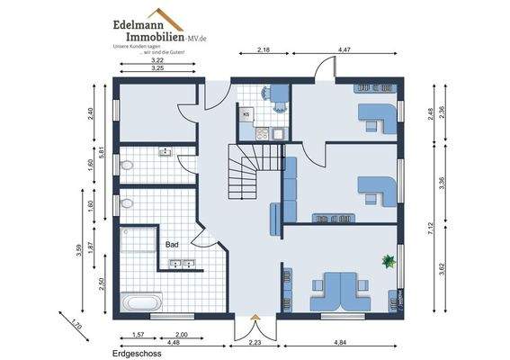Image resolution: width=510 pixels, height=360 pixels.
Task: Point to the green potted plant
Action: pyautogui.click(x=389, y=261)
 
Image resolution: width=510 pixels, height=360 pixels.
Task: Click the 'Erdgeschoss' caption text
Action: pyautogui.click(x=122, y=355)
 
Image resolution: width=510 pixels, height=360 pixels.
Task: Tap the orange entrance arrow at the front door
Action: pyautogui.click(x=255, y=317)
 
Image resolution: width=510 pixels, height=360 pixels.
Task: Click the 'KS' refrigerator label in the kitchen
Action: pyautogui.click(x=246, y=114)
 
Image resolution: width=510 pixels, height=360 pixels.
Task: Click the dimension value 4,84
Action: pyautogui.click(x=340, y=342)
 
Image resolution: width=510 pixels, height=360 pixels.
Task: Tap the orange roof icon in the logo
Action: pyautogui.click(x=171, y=20)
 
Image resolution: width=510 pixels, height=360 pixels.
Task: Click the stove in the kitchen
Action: pyautogui.click(x=264, y=133)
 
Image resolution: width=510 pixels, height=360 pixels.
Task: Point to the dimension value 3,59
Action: pyautogui.click(x=80, y=251)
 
